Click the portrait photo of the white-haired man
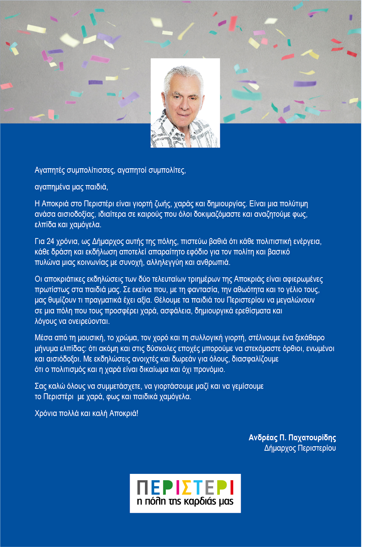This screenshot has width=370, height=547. point(185,103)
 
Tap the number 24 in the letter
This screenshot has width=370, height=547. point(50,241)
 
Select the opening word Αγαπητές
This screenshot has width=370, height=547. point(50,171)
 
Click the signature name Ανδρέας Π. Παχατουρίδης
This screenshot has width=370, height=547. point(292,438)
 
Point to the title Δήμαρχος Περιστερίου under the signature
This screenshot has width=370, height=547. point(300,448)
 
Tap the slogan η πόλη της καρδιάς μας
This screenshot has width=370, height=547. point(185,501)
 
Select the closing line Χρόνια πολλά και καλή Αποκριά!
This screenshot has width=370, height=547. point(86,413)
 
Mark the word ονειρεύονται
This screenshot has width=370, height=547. point(89,321)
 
